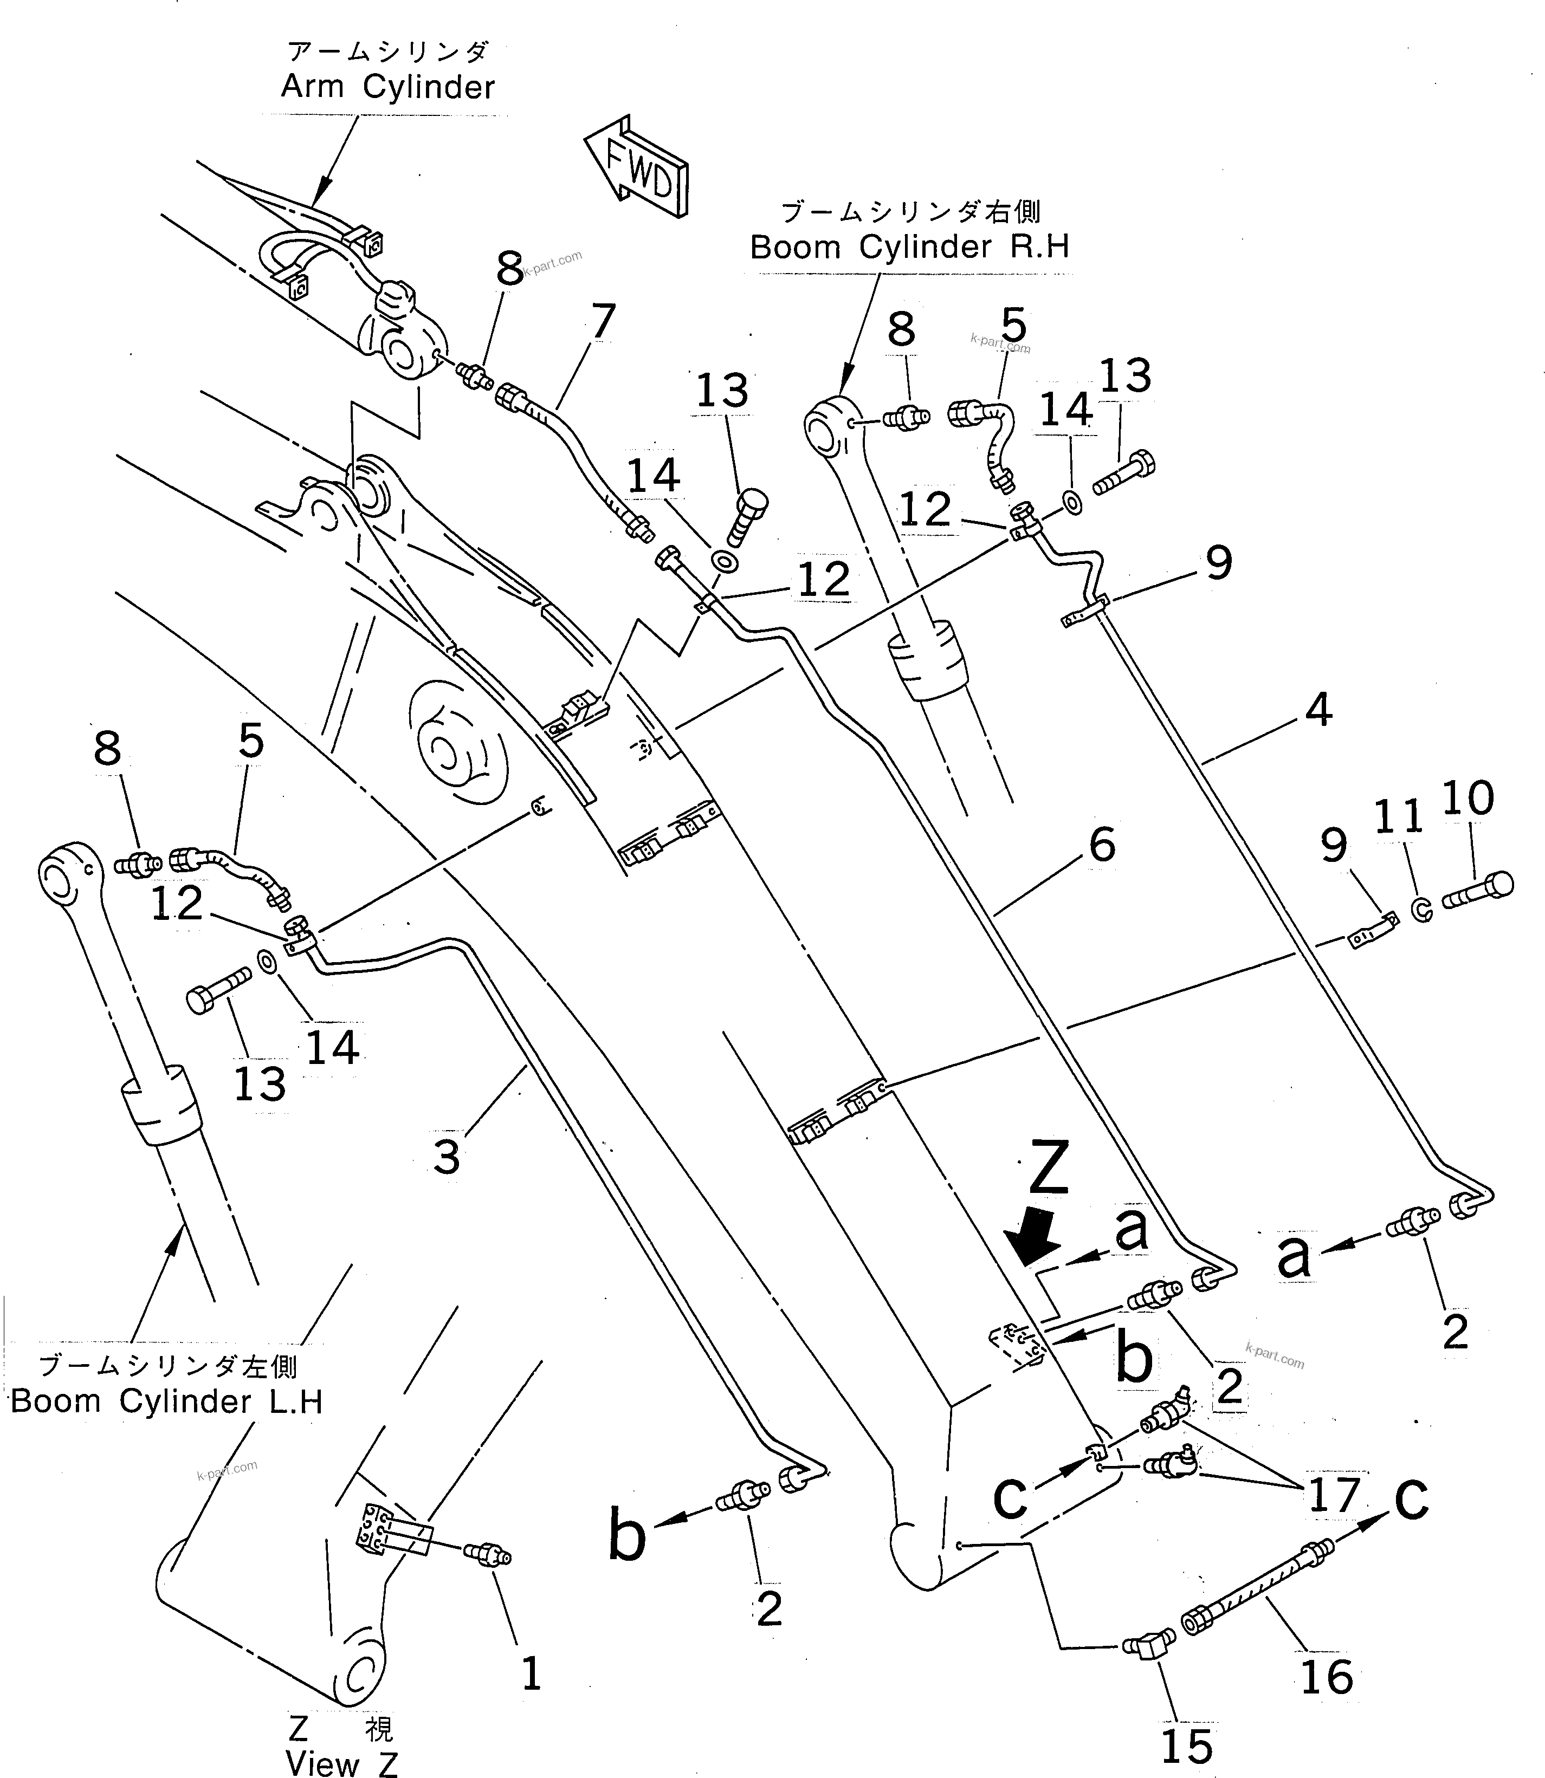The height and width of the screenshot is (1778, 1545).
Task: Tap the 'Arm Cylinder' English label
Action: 388,87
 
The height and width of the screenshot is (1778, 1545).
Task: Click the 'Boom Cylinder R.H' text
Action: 909,248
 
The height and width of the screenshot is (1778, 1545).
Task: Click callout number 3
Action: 446,1156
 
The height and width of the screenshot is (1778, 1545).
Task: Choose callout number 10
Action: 1468,797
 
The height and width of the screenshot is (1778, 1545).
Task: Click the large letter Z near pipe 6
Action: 1049,1168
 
